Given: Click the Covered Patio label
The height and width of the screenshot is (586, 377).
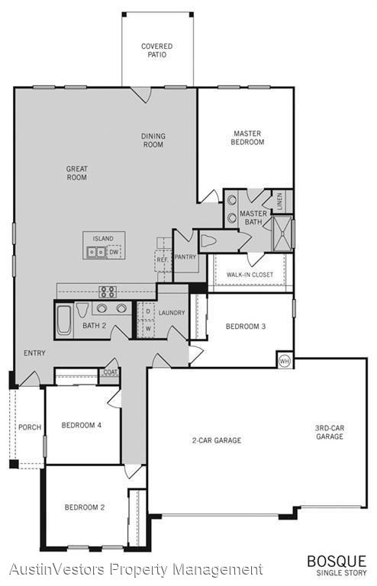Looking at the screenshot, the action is (x=157, y=50).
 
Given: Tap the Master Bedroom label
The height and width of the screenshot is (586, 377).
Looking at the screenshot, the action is (x=247, y=137).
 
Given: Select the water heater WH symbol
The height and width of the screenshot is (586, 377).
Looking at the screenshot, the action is (x=285, y=361).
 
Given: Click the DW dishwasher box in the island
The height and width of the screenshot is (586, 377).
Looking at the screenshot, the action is (x=114, y=252).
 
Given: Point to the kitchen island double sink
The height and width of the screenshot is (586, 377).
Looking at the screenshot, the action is (x=96, y=253).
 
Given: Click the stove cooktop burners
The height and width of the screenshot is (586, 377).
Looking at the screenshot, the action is (x=108, y=292).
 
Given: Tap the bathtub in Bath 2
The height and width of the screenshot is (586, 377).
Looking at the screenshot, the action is (x=64, y=320).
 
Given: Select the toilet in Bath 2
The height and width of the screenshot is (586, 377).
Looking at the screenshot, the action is (x=82, y=310).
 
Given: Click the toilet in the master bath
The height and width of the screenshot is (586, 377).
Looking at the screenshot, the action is (x=208, y=241).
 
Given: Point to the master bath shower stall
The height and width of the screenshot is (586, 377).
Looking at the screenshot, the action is (x=282, y=233).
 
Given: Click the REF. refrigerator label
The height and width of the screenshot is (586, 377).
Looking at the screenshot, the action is (x=162, y=259).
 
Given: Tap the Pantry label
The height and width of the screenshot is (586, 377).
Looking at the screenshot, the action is (x=185, y=257).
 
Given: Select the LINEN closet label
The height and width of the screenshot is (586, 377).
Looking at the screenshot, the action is (x=280, y=201).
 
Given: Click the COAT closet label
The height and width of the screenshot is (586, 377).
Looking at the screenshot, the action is (x=110, y=372).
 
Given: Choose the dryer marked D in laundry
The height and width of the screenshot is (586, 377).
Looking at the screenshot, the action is (x=148, y=311).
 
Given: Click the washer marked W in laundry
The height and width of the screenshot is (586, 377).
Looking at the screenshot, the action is (x=148, y=329).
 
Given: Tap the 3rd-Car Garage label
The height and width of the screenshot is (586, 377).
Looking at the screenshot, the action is (x=330, y=433).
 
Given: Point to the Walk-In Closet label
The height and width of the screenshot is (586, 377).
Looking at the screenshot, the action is (x=250, y=275).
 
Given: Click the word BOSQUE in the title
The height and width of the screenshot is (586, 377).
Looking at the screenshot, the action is (x=337, y=562).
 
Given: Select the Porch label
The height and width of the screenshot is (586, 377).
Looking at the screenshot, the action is (x=30, y=427).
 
